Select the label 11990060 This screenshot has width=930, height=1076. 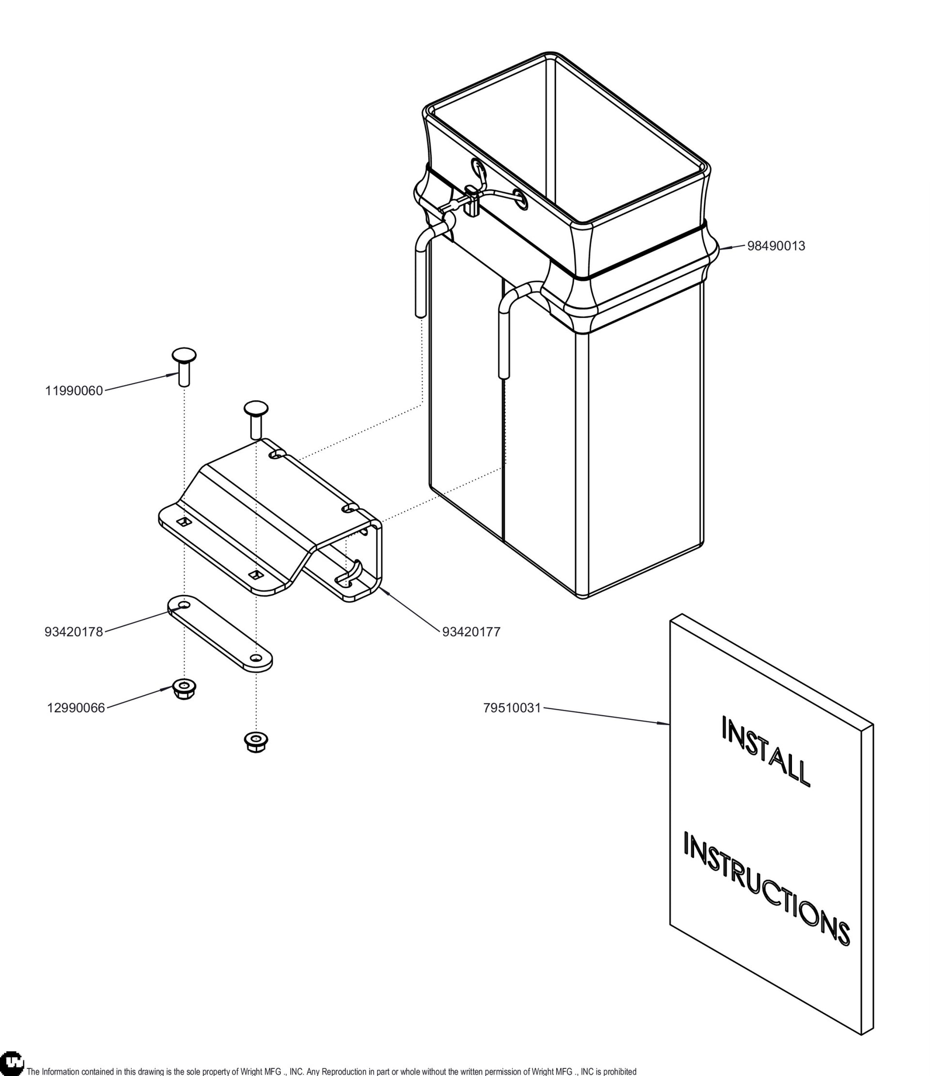coord(74,391)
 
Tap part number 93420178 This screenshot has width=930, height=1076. coord(74,632)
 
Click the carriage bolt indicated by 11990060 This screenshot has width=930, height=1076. coord(184,367)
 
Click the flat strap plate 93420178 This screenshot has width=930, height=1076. coord(219,634)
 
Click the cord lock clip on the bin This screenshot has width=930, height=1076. coord(472,201)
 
